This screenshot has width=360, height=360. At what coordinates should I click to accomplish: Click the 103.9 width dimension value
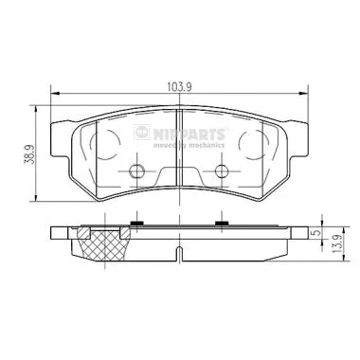[179, 84]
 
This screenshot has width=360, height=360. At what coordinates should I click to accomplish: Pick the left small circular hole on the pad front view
[136, 171]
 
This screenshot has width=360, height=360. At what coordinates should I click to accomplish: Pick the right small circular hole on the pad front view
[222, 171]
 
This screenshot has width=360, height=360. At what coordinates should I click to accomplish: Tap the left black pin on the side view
[137, 224]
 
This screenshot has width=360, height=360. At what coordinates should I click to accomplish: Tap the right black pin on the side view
[222, 224]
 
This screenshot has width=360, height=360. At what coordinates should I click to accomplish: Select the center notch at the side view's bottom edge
[179, 253]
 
